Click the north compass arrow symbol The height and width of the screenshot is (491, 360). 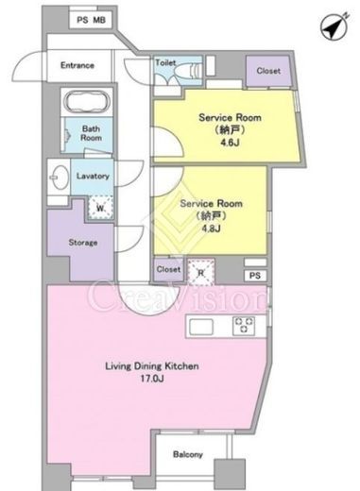pos(334,27)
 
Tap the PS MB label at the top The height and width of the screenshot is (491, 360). pos(92,20)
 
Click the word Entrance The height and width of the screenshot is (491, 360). pos(77,65)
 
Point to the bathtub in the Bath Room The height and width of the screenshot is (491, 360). pos(87,101)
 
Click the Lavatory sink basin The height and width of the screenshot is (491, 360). pos(60,177)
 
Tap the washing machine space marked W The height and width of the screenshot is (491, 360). pos(100,208)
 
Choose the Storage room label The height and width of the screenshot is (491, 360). pos(83,243)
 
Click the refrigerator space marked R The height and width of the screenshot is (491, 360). pos(201,273)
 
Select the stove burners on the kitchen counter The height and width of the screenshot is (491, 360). pos(244,325)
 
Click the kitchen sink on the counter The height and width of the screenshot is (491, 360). pos(201,328)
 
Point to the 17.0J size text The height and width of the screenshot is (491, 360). pos(152,379)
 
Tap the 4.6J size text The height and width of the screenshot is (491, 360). pos(230,143)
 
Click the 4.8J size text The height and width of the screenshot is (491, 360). pos(212,229)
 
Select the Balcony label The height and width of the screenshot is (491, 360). pos(188,454)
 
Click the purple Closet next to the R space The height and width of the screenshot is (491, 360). pos(168,270)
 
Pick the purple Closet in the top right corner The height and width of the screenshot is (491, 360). pos(268,71)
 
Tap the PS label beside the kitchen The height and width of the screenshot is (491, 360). pos(255,276)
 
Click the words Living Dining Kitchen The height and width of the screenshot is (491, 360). pos(152,366)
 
